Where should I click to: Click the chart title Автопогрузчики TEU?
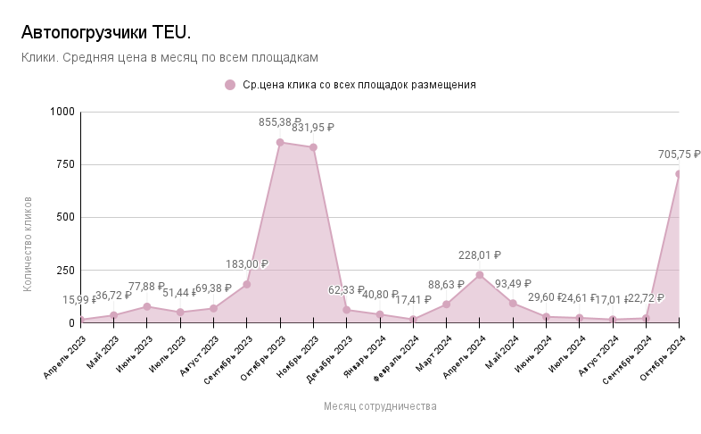point(105,33)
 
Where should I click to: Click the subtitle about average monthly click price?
point(169,57)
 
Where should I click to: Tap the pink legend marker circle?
point(230,85)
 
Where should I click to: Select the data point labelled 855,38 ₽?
point(280,142)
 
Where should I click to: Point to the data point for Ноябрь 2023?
point(313,147)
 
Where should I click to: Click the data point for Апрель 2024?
point(480,275)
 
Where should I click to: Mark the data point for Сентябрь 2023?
point(246,284)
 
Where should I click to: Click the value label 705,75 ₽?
point(679,154)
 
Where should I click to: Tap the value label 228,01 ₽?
point(480,255)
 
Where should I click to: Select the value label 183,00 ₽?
point(246,264)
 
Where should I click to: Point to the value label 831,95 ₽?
point(312,128)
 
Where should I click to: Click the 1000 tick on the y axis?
point(63,112)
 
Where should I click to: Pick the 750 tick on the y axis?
point(67,164)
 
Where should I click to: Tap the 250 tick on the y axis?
point(67,270)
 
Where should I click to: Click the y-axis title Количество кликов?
point(28,243)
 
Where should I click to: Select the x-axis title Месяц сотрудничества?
point(380,406)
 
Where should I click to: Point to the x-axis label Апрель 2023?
point(65,357)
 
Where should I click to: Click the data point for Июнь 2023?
point(147,306)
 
